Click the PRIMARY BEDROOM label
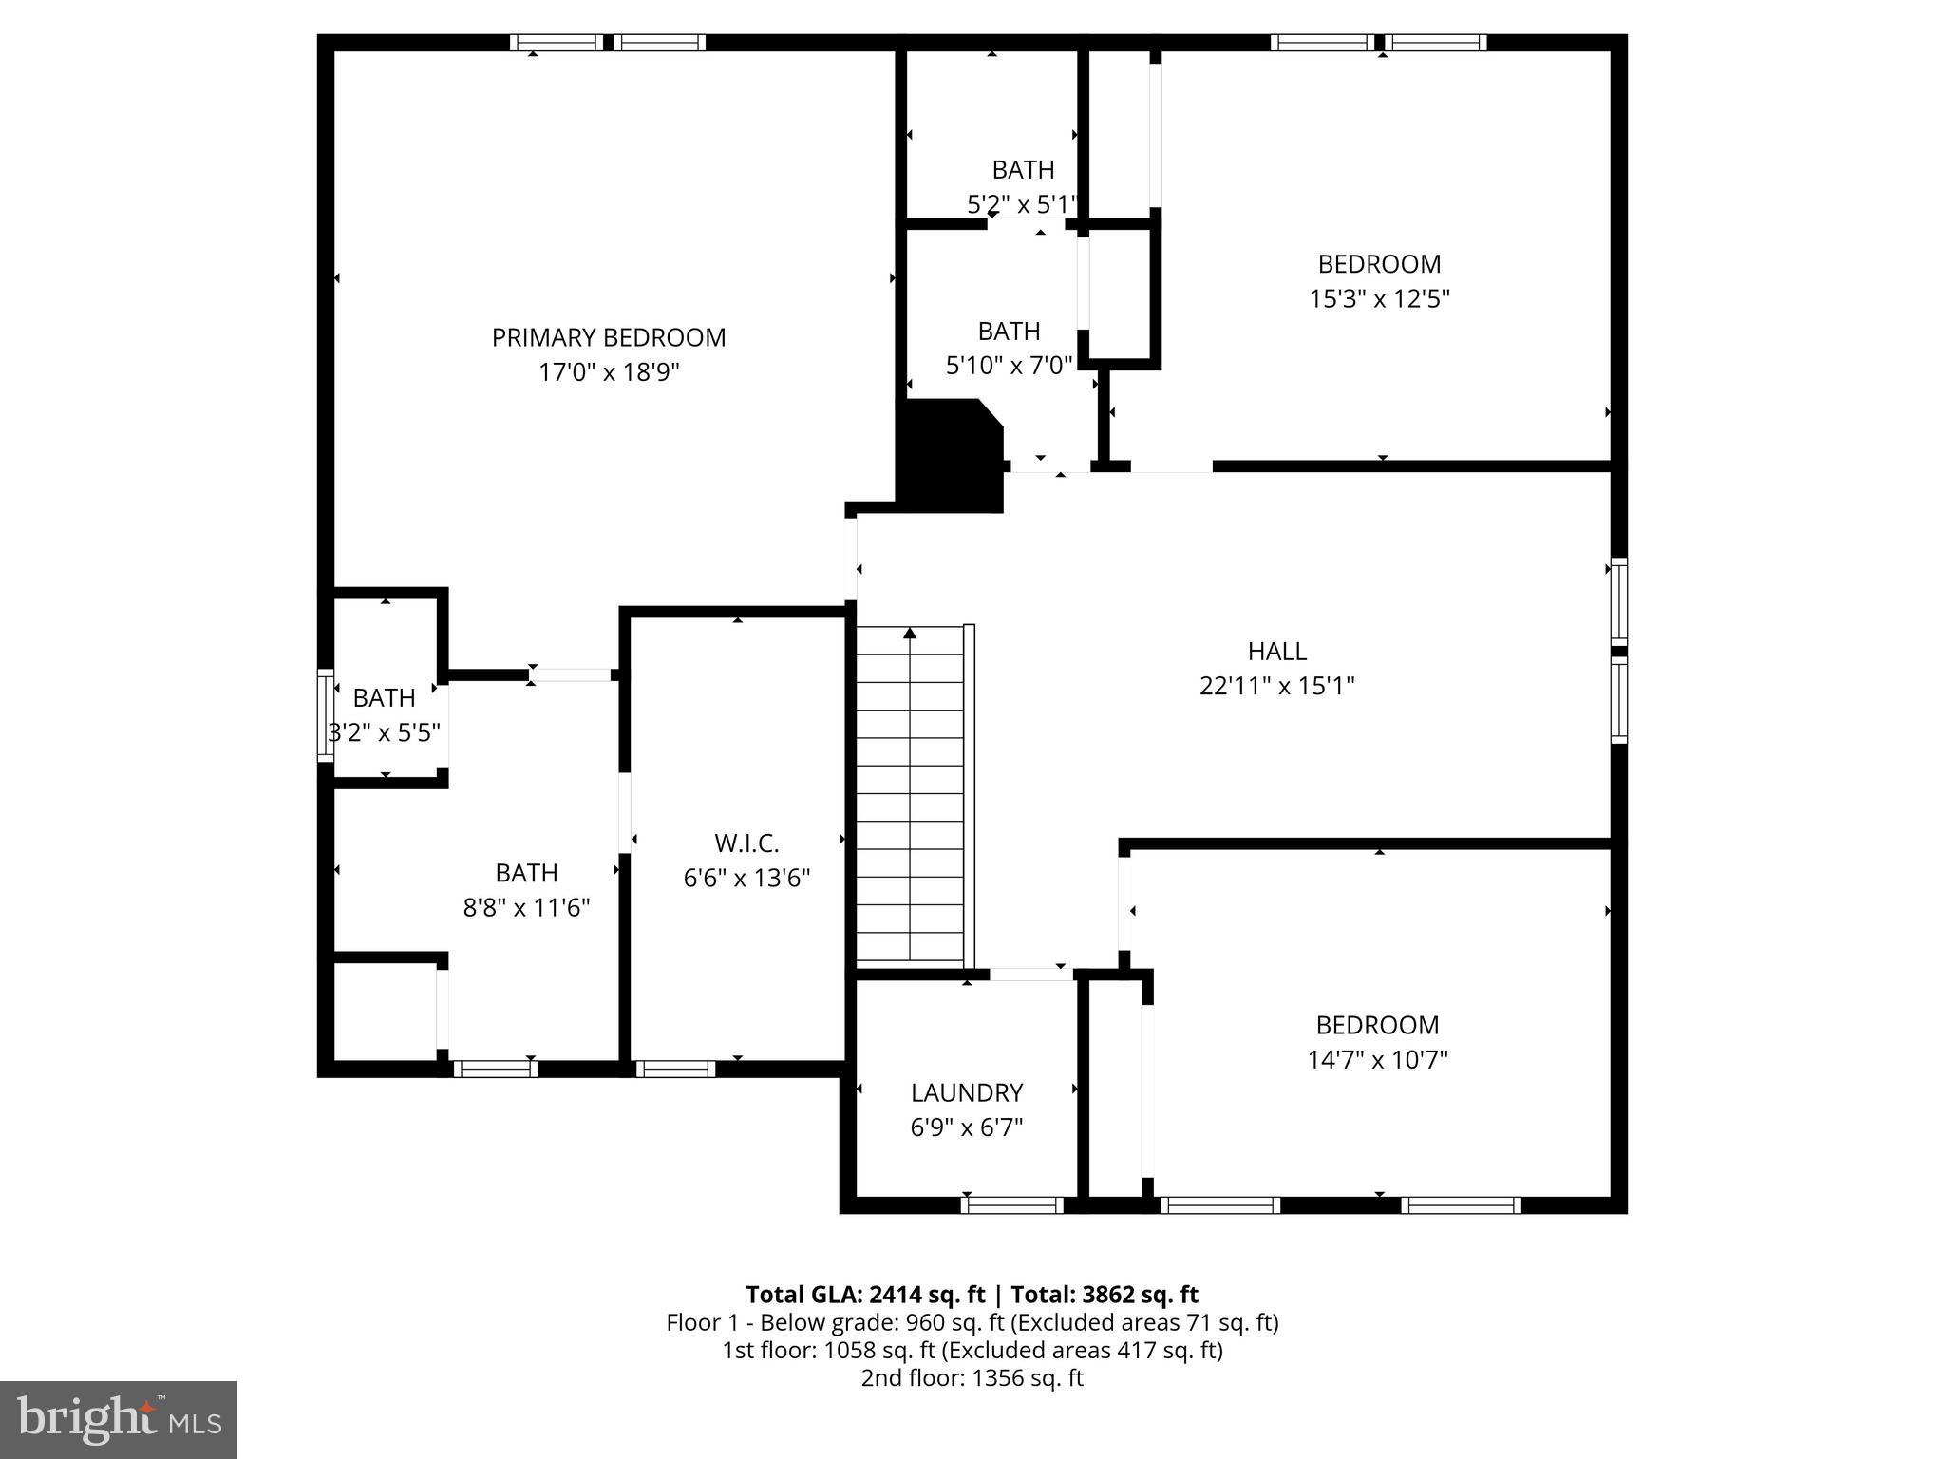pyautogui.click(x=608, y=337)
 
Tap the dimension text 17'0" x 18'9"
pyautogui.click(x=609, y=372)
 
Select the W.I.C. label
pyautogui.click(x=746, y=843)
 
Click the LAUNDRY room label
pyautogui.click(x=966, y=1092)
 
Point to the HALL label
pyautogui.click(x=1276, y=651)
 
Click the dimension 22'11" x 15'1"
pyautogui.click(x=1276, y=686)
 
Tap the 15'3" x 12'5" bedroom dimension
pyautogui.click(x=1379, y=299)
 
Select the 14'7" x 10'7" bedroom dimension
pyautogui.click(x=1377, y=1060)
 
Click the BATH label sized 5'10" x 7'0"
pyautogui.click(x=1009, y=332)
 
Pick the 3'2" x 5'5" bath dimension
pyautogui.click(x=384, y=733)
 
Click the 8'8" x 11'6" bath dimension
pyautogui.click(x=526, y=908)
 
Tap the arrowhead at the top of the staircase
pyautogui.click(x=910, y=633)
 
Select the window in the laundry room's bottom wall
pyautogui.click(x=1011, y=1205)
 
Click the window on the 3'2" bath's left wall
pyautogui.click(x=325, y=715)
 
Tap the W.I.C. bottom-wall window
pyautogui.click(x=675, y=1070)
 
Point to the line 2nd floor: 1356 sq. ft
pyautogui.click(x=972, y=1378)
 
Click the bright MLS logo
pyautogui.click(x=119, y=1419)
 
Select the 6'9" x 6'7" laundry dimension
pyautogui.click(x=966, y=1127)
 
